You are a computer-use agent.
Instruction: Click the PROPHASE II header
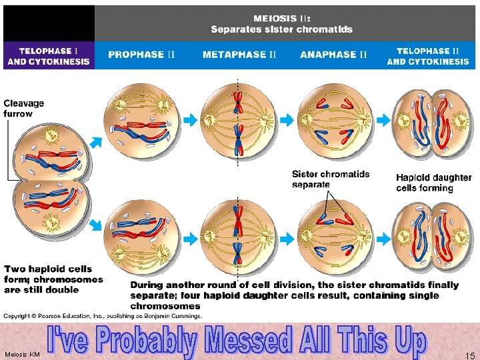(141, 55)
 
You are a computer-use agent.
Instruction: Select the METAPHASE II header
(239, 55)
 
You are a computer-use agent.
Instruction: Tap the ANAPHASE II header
(333, 55)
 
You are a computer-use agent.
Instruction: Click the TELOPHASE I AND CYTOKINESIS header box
(49, 56)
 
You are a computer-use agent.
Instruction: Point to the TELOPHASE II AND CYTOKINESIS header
(428, 56)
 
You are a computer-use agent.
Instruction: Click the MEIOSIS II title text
(282, 24)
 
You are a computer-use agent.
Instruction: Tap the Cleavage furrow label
(24, 108)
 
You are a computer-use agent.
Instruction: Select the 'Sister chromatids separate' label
(331, 179)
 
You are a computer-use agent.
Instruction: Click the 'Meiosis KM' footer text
(22, 354)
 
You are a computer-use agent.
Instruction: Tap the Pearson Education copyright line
(103, 315)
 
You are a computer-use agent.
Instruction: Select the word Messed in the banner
(249, 341)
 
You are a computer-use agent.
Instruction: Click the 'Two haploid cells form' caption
(53, 279)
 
